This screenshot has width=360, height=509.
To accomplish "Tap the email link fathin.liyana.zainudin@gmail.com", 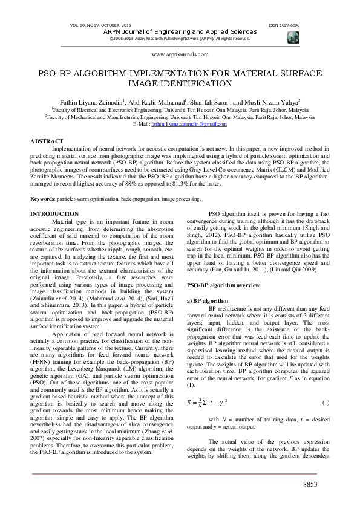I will [188, 124].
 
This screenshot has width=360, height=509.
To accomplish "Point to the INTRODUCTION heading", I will [54, 214].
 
